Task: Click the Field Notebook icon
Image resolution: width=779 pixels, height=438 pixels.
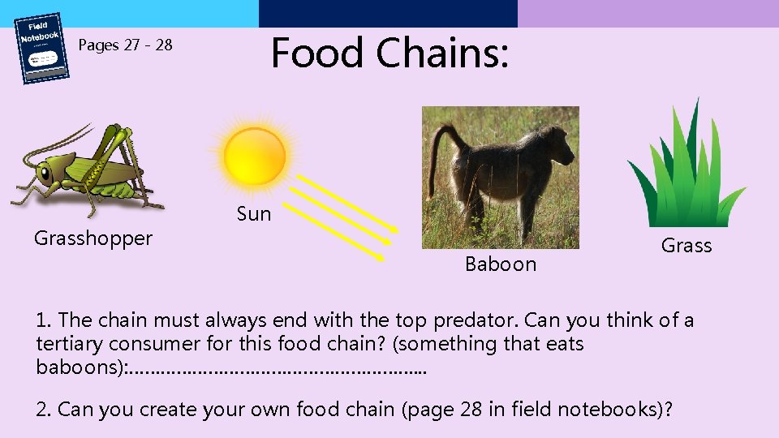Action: tap(42, 48)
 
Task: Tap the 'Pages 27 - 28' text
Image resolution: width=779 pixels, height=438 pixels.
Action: tap(125, 45)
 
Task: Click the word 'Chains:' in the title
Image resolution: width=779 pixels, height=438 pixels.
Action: tap(442, 53)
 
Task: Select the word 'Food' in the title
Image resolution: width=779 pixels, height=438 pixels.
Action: tap(317, 53)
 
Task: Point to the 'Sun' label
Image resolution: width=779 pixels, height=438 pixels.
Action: tap(254, 214)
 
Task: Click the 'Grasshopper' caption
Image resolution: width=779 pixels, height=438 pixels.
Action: tap(93, 238)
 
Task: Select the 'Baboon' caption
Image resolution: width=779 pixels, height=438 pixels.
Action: tap(501, 264)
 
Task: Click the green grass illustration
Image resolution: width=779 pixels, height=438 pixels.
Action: tap(686, 170)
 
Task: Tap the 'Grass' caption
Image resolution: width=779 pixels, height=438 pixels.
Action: tap(686, 246)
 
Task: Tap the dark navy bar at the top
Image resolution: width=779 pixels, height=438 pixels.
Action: tap(388, 13)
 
